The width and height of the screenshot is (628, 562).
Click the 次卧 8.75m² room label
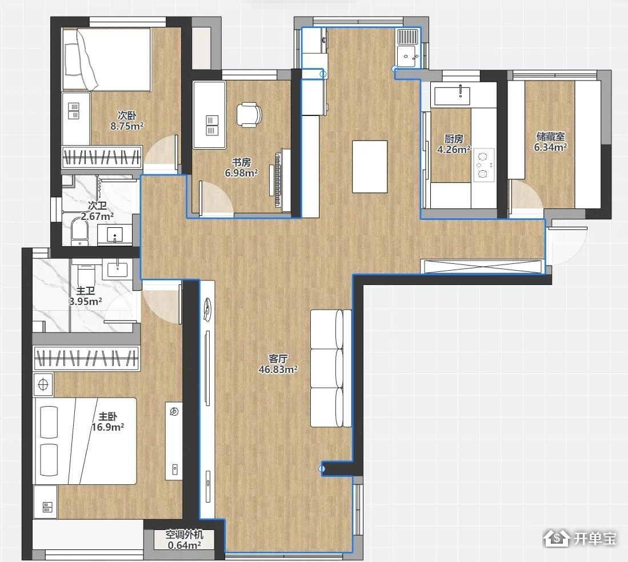point(127,121)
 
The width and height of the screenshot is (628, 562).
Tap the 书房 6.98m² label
point(242,168)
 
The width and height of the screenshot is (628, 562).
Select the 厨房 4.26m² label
point(454,144)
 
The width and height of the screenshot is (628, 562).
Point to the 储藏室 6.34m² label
point(550,142)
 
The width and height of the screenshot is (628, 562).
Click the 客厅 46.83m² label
point(278,364)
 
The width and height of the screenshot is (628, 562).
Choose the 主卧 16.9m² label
point(108,421)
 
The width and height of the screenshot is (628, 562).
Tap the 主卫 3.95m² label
point(85,296)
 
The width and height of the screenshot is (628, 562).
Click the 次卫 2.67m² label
point(97,211)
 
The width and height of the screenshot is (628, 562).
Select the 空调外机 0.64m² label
point(184,540)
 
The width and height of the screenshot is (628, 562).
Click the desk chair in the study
point(249,115)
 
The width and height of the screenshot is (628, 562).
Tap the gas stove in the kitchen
point(483,164)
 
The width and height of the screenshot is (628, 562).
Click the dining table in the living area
point(370,167)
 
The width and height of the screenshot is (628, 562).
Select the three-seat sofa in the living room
point(331,368)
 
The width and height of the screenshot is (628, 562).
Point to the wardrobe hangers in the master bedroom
point(87,358)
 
